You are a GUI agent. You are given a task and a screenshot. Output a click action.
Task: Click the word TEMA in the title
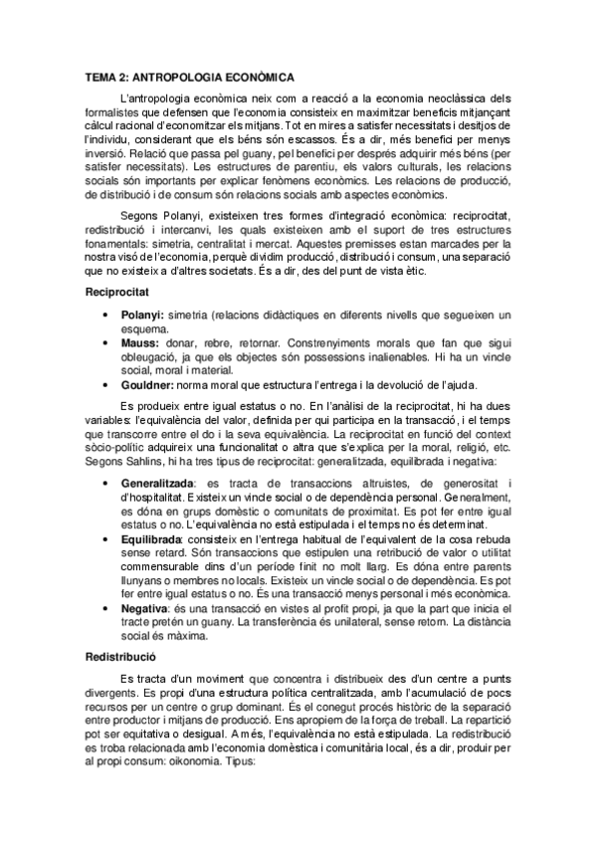coord(100,76)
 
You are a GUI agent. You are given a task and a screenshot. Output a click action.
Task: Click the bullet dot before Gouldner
coord(106,385)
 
